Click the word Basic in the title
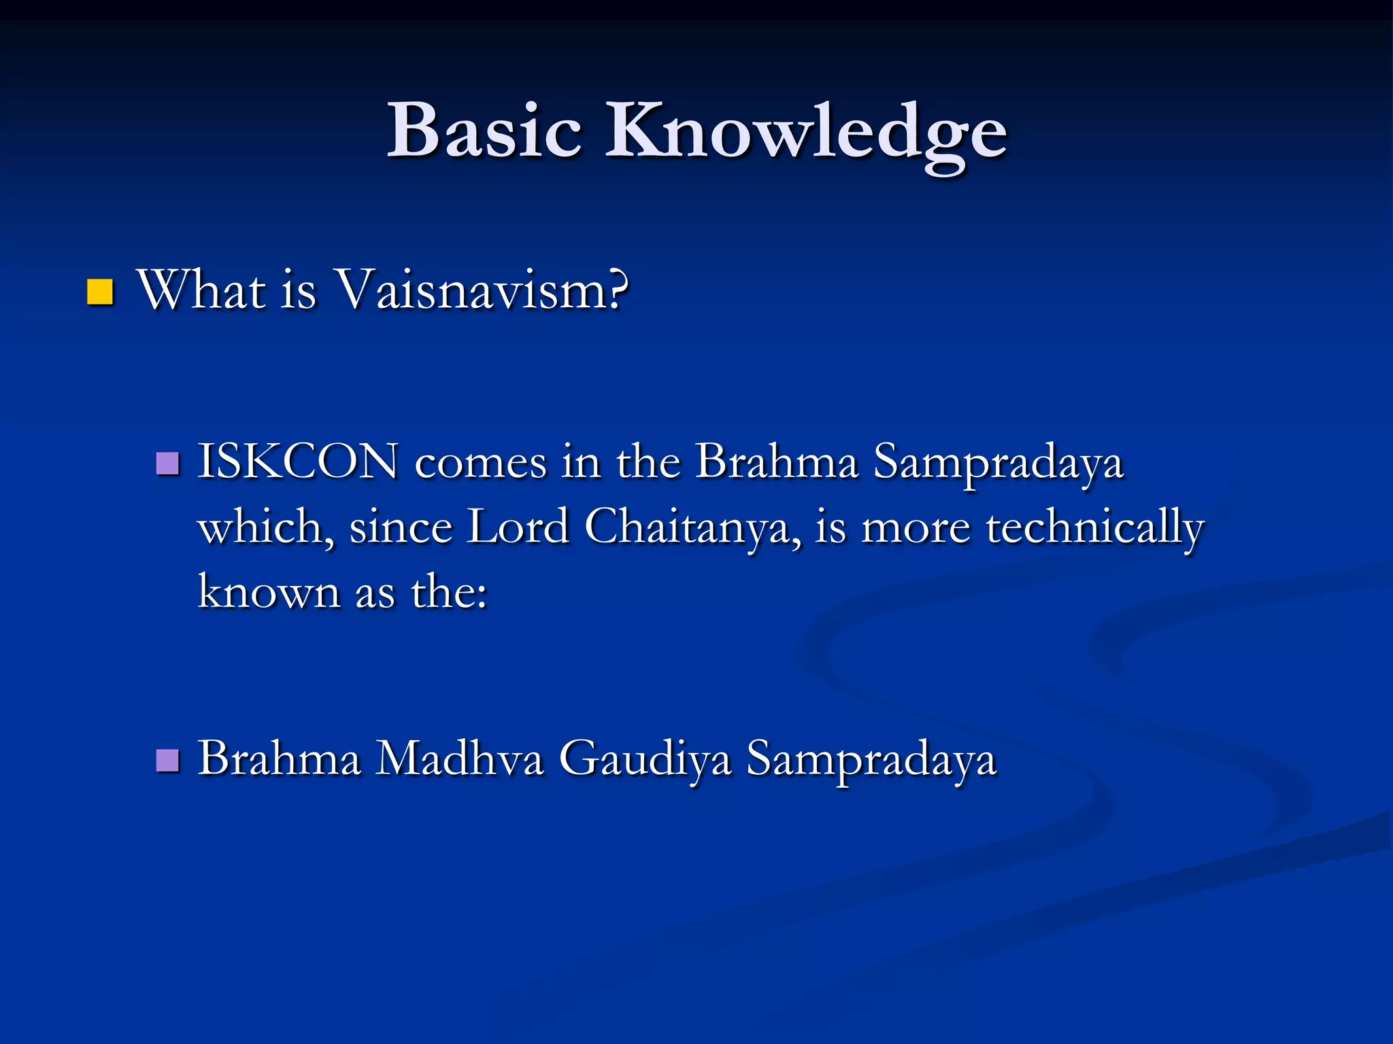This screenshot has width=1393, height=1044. (484, 130)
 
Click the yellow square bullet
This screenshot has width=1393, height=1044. (100, 292)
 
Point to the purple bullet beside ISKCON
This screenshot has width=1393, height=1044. (167, 464)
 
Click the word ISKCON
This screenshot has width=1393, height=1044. (298, 463)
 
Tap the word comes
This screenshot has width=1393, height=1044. (480, 464)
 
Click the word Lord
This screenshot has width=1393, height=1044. (517, 528)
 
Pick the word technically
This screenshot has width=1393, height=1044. (1094, 528)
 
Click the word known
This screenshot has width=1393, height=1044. (269, 592)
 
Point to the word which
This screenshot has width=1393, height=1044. (265, 528)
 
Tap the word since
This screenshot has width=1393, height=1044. (401, 528)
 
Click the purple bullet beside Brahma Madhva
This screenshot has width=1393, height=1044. (167, 761)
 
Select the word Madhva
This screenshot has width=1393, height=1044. (460, 759)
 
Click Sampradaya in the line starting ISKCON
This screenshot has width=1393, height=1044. (998, 464)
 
